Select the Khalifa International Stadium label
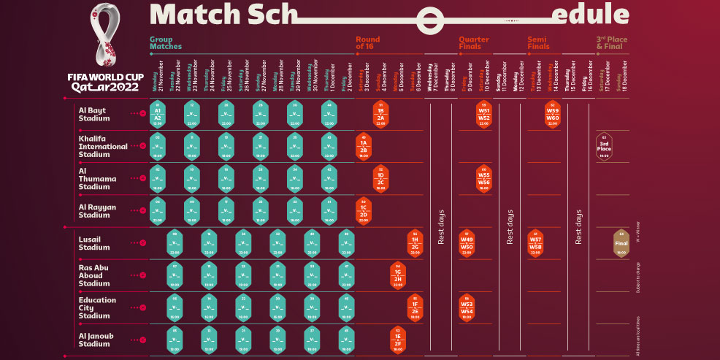click(102, 145)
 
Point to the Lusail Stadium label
click(94, 242)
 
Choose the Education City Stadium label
click(98, 307)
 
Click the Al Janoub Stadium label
click(98, 339)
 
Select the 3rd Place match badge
click(604, 147)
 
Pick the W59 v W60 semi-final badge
click(553, 114)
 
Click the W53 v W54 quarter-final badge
click(467, 307)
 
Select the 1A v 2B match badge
click(364, 146)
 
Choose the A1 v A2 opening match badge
click(158, 114)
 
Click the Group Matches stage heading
click(166, 42)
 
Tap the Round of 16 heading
click(368, 42)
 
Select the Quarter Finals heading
click(474, 42)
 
